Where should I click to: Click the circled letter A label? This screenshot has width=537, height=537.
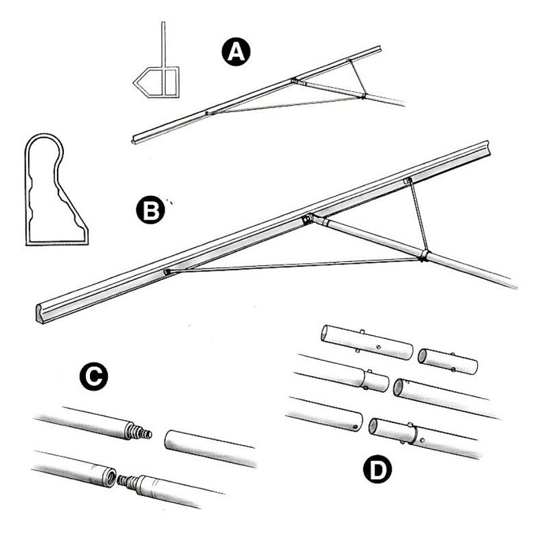[x=236, y=52]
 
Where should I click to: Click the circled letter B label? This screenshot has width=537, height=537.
[x=150, y=210]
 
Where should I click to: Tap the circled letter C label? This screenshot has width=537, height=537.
[x=93, y=377]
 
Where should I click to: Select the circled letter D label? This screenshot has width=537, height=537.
[x=377, y=469]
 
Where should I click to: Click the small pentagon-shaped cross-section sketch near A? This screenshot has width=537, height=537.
[x=156, y=82]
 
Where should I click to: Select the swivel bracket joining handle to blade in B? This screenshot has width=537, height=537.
[x=307, y=219]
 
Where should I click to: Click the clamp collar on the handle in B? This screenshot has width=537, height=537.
[x=424, y=256]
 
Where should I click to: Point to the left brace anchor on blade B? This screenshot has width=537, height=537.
[x=167, y=272]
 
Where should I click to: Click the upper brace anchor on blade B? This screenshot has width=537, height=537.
[x=407, y=181]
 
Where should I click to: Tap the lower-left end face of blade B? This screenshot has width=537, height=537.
[x=40, y=313]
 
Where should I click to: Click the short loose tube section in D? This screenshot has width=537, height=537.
[x=448, y=361]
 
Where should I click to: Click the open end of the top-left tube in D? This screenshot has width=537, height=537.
[x=325, y=333]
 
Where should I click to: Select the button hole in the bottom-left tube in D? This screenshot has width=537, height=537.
[x=355, y=427]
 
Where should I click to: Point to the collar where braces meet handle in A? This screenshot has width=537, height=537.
[x=364, y=95]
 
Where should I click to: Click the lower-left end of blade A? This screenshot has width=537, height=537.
[x=134, y=141]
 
